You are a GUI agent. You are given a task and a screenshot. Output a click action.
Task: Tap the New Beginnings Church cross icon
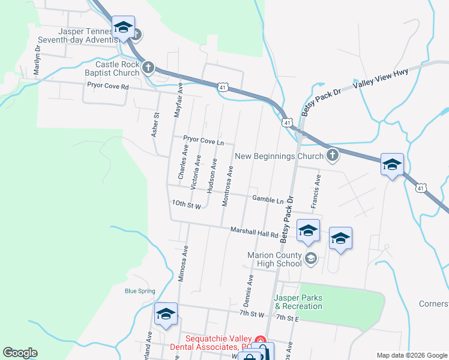tap(332, 157)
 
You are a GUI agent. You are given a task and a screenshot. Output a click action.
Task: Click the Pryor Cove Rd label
tap(108, 86)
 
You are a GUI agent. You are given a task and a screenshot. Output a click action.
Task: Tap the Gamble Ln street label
tap(268, 199)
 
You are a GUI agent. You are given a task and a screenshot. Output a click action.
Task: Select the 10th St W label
tap(185, 204)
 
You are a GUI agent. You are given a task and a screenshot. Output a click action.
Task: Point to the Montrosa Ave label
tap(227, 187)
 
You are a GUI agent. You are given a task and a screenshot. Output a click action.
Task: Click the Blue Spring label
tap(140, 292)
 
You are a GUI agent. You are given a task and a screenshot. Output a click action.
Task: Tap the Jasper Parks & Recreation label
tap(298, 302)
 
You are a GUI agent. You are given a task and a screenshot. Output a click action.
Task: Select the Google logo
tap(20, 353)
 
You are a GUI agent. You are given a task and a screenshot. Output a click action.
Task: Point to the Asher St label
tap(155, 125)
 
